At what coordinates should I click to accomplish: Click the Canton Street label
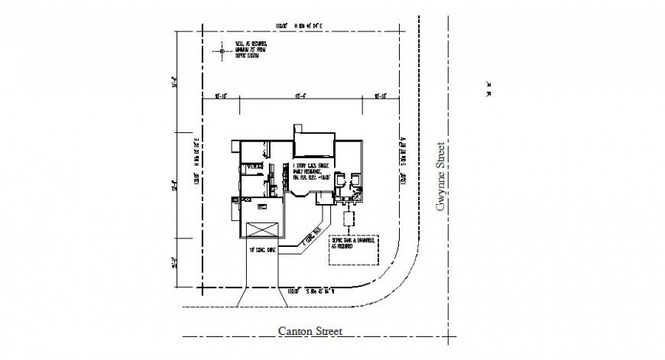pos(309,331)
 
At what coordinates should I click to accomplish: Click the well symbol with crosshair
pos(222,52)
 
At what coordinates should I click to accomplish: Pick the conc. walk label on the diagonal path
pos(310,239)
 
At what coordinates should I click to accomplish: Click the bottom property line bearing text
pos(303,291)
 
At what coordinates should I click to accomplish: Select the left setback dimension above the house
pos(222,96)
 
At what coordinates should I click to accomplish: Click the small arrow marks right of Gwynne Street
pos(488,89)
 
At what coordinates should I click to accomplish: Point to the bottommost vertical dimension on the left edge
pos(175,262)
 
